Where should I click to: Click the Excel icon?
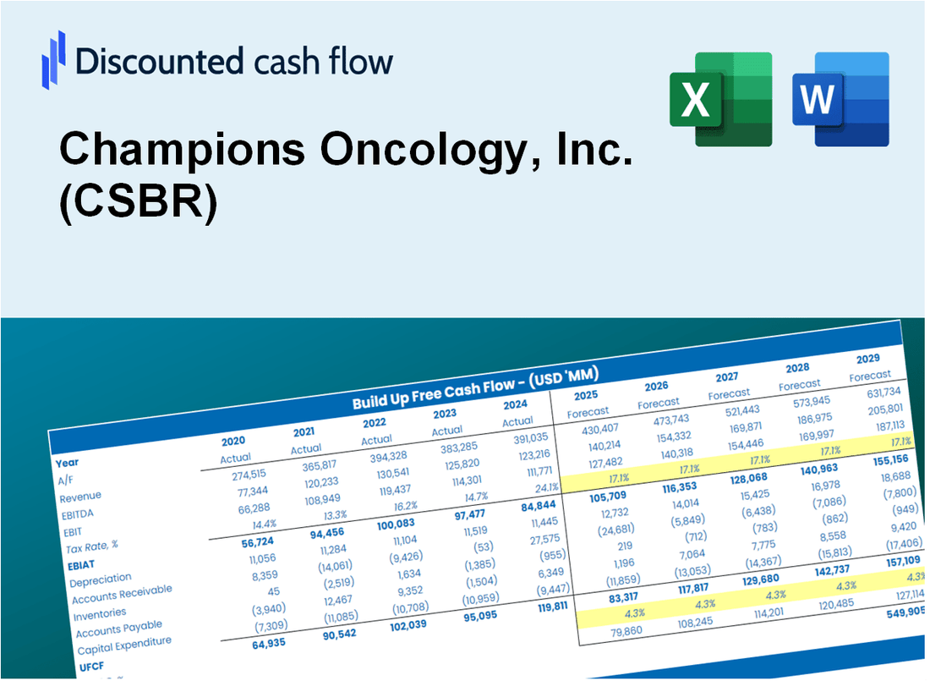(720, 99)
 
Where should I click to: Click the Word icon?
(840, 99)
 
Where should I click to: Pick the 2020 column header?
(233, 442)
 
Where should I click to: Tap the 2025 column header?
(586, 396)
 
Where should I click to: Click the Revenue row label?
(80, 496)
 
